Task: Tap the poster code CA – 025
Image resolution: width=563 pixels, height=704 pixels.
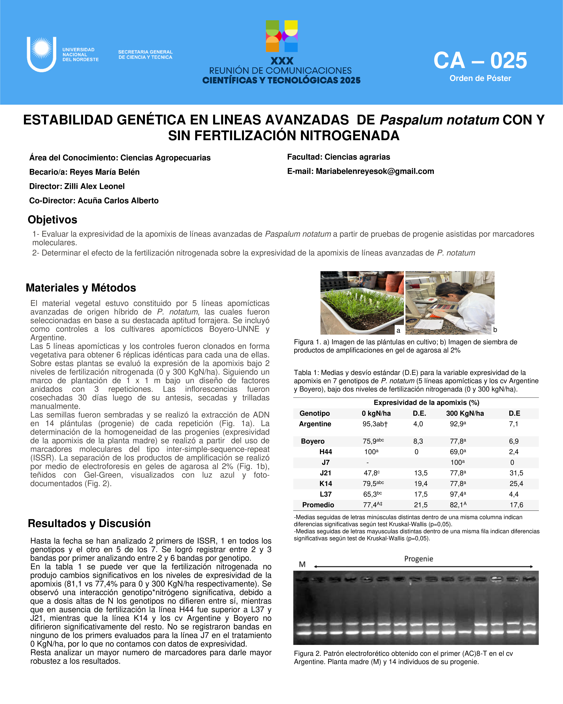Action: click(480, 61)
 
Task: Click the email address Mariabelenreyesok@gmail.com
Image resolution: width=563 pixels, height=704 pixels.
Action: click(375, 171)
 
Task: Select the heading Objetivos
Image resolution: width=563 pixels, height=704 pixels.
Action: click(53, 220)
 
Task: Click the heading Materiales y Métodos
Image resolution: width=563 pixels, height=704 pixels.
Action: click(81, 288)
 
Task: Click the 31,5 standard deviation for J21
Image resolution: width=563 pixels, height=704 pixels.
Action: click(516, 473)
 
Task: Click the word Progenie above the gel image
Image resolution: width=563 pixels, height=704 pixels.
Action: click(418, 559)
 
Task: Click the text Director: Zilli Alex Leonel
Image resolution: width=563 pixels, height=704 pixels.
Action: click(77, 186)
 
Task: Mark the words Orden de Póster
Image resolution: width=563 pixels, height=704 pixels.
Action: click(480, 78)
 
